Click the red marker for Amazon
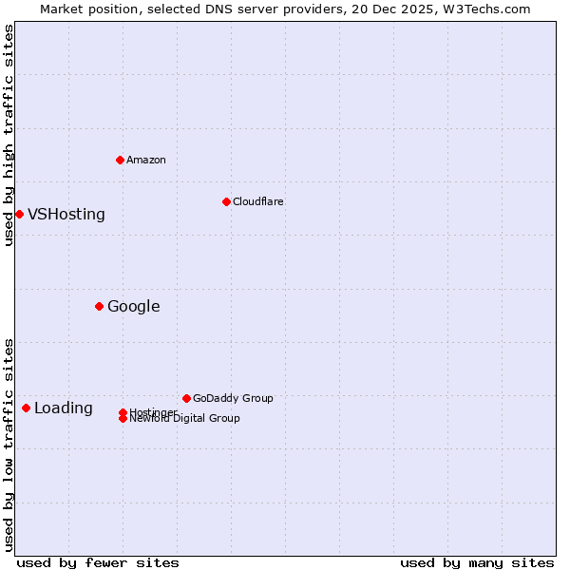120,160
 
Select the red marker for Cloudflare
226,201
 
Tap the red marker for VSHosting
19,214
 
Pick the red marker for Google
99,306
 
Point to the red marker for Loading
26,408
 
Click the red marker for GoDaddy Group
186,398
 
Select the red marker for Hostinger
123,412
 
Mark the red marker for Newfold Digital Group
123,419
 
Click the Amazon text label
146,160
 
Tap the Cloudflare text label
258,201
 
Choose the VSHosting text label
66,214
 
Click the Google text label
134,306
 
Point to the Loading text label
64,408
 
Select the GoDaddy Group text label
233,398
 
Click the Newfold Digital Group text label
185,419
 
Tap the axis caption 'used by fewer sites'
98,562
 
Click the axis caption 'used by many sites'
477,562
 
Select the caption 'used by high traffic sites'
9,135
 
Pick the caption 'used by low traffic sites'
9,445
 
